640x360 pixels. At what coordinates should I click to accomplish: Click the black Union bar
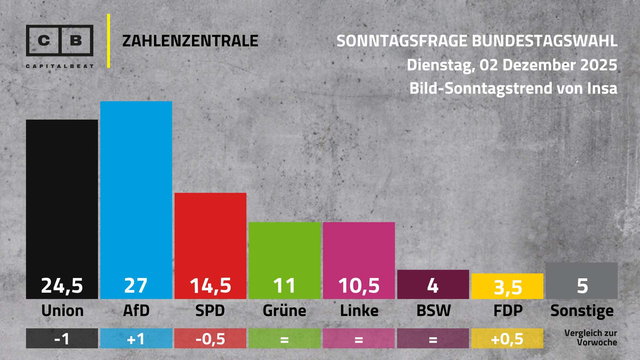pos(62,200)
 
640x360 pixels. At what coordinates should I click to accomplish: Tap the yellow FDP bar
pos(507,286)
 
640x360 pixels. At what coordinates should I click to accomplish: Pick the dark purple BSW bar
pos(433,284)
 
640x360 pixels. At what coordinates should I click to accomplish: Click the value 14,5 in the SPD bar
pos(210,286)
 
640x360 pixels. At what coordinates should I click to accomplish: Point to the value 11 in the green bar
pos(284,286)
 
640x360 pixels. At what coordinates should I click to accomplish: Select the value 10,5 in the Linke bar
pos(359,286)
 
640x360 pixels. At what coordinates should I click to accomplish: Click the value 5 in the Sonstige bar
pos(582,286)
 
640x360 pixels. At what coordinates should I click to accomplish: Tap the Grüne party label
pos(284,311)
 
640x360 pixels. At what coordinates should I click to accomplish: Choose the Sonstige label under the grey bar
pos(582,311)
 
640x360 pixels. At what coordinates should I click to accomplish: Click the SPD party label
pos(210,311)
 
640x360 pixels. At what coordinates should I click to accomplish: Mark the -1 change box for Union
pos(62,338)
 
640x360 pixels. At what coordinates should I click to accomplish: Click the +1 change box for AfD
pos(136,338)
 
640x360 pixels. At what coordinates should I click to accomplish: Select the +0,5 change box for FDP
pos(507,338)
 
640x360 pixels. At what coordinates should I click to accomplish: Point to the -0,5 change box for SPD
pos(210,338)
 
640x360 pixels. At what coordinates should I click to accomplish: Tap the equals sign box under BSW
pos(433,338)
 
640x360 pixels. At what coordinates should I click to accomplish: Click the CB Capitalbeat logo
pos(60,45)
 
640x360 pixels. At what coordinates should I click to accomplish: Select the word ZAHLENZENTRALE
pos(190,41)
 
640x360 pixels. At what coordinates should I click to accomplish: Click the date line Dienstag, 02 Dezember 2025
pos(512,65)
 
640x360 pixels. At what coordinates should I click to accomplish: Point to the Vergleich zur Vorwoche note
pos(590,338)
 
